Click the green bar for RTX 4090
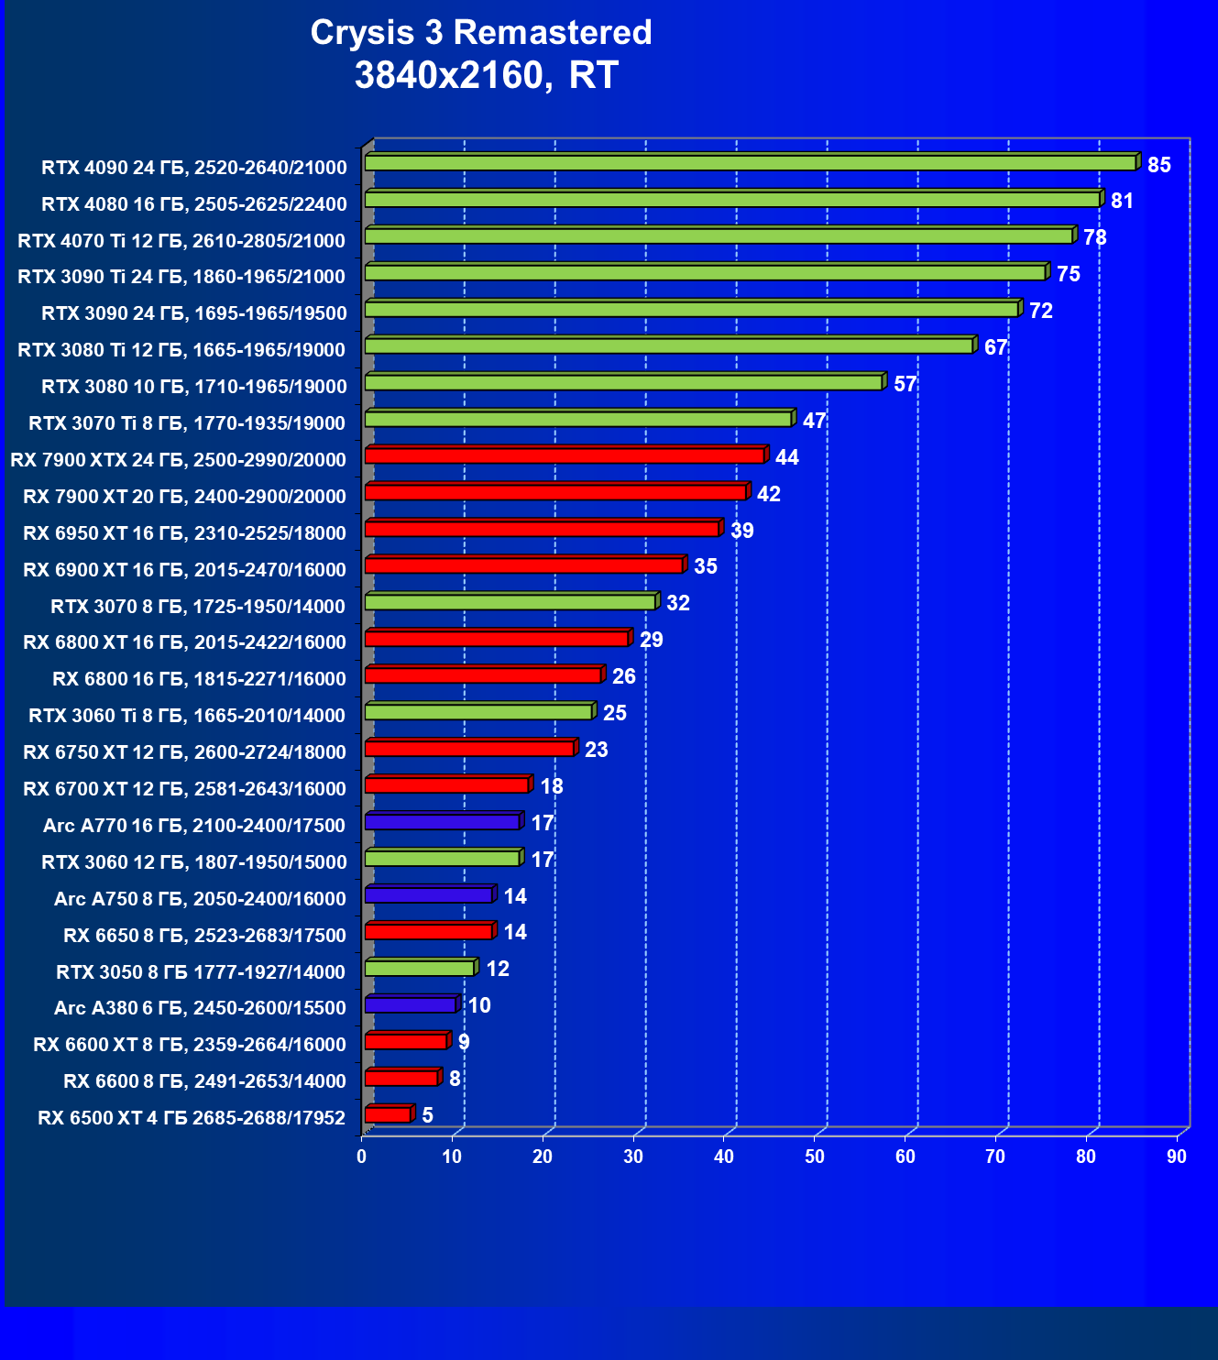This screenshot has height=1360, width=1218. click(x=750, y=163)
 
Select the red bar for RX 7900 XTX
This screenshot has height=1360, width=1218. click(x=565, y=455)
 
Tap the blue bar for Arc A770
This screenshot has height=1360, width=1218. click(x=443, y=822)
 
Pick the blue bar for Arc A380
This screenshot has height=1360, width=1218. click(x=411, y=1004)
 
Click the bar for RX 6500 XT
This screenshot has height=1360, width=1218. click(x=389, y=1114)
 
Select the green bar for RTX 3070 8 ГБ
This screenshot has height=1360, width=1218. click(x=510, y=602)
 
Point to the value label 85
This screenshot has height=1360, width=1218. click(x=1159, y=165)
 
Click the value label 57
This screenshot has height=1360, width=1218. click(x=905, y=384)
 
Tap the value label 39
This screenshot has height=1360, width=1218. click(x=741, y=531)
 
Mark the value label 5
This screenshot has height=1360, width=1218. click(x=427, y=1115)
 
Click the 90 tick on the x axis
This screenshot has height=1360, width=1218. click(x=1177, y=1157)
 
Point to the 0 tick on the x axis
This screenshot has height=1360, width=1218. click(x=362, y=1157)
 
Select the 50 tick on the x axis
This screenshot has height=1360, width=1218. click(x=815, y=1157)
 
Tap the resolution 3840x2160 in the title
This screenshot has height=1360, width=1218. click(x=453, y=75)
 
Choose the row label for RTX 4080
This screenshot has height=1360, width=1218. click(x=194, y=204)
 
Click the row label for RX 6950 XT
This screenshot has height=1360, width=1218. click(x=184, y=533)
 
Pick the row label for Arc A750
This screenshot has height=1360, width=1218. click(x=200, y=899)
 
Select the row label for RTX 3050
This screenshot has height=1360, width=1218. click(x=201, y=971)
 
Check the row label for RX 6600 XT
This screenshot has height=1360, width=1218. click(x=190, y=1045)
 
